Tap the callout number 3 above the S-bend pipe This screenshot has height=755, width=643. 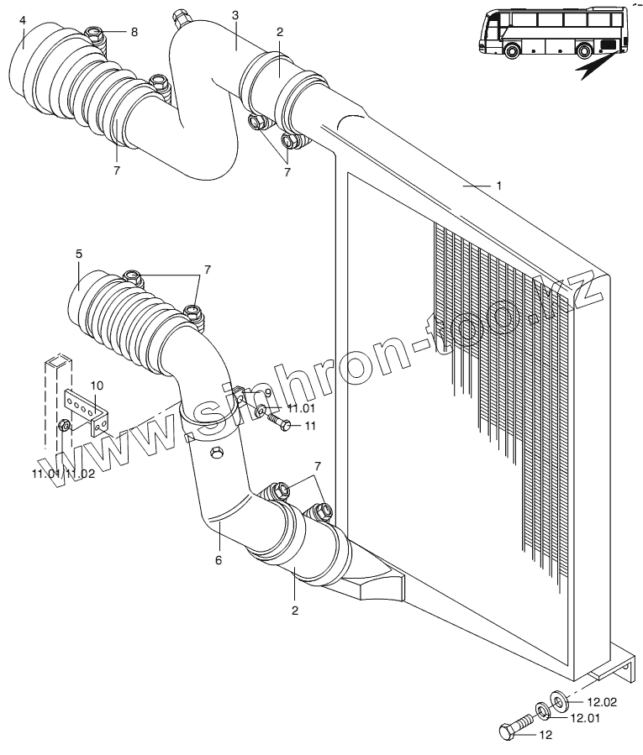[235, 16]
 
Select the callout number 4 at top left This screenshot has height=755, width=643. [22, 19]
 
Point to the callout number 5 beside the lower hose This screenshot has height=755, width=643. [78, 253]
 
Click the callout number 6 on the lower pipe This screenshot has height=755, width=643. [218, 559]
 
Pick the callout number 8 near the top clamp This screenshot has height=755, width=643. [133, 31]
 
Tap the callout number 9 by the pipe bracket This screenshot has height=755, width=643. [268, 392]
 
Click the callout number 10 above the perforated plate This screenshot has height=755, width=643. [97, 385]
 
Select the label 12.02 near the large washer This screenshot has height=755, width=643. [602, 702]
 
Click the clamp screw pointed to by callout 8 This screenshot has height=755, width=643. [96, 35]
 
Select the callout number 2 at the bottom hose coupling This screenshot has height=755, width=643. [295, 611]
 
